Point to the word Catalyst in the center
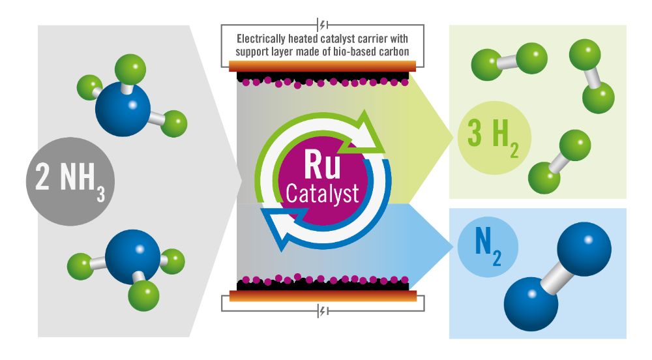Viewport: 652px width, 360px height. [x=322, y=194]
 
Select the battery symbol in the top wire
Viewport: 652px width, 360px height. [x=323, y=25]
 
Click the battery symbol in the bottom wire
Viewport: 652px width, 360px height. [x=323, y=312]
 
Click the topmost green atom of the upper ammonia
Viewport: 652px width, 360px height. [x=128, y=67]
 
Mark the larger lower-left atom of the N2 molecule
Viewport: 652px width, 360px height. [x=531, y=303]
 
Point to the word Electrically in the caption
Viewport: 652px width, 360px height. [x=263, y=38]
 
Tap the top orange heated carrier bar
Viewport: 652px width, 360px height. [x=323, y=65]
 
